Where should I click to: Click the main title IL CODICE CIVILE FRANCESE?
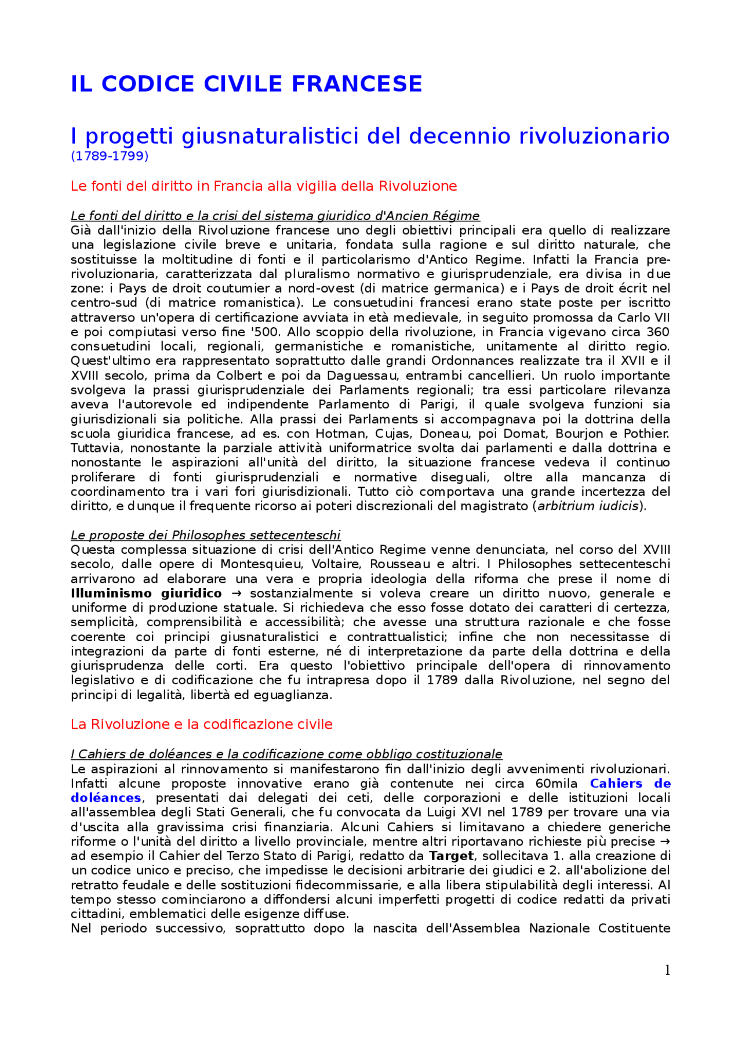(x=246, y=84)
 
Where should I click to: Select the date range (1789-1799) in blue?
(x=110, y=156)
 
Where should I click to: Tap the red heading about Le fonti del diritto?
(x=264, y=186)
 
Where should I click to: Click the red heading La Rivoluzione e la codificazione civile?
(x=202, y=724)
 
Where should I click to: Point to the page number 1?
(x=667, y=970)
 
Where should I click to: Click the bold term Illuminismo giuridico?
(x=146, y=593)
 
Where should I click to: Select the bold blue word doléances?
(x=106, y=798)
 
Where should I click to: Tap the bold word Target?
(x=451, y=856)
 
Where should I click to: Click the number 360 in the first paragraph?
(x=657, y=332)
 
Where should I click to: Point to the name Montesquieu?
(x=260, y=564)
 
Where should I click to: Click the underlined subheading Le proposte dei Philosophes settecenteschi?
(x=206, y=535)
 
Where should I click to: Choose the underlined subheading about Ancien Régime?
(x=275, y=216)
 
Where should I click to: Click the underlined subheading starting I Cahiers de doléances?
(x=286, y=754)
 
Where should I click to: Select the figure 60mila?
(x=556, y=783)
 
